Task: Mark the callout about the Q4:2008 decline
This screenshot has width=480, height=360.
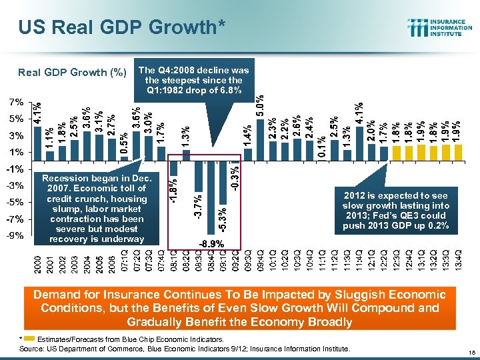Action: pyautogui.click(x=193, y=79)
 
